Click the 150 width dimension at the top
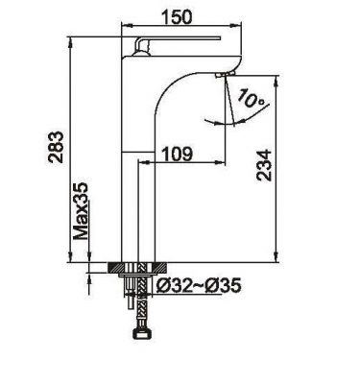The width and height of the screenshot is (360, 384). coord(177,16)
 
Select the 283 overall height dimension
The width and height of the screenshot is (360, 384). coord(56,147)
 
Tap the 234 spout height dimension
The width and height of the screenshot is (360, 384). coord(264,165)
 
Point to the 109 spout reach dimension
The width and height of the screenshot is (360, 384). coord(178,154)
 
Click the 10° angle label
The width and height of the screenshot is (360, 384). coord(252,99)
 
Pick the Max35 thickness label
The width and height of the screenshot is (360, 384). coord(81,211)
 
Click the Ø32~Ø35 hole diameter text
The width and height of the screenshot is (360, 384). coord(199,285)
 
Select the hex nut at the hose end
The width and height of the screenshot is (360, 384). coord(141,334)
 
